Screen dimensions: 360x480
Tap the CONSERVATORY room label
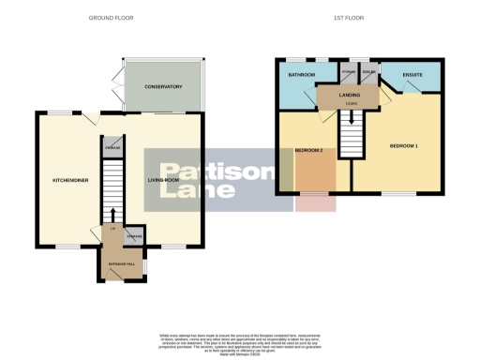coord(163,87)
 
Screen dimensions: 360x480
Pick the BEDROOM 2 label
coord(309,151)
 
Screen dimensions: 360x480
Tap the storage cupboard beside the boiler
coord(348,73)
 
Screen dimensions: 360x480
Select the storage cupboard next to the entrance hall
coord(134,237)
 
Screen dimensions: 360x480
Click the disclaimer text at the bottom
coord(239,343)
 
